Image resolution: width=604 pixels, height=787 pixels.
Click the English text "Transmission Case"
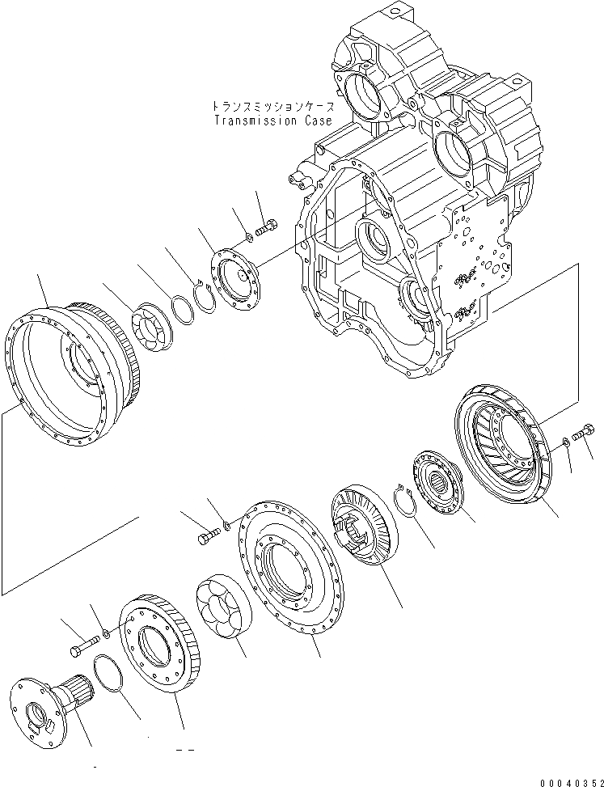click(x=272, y=121)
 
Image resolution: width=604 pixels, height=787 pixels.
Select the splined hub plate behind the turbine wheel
click(x=437, y=484)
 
